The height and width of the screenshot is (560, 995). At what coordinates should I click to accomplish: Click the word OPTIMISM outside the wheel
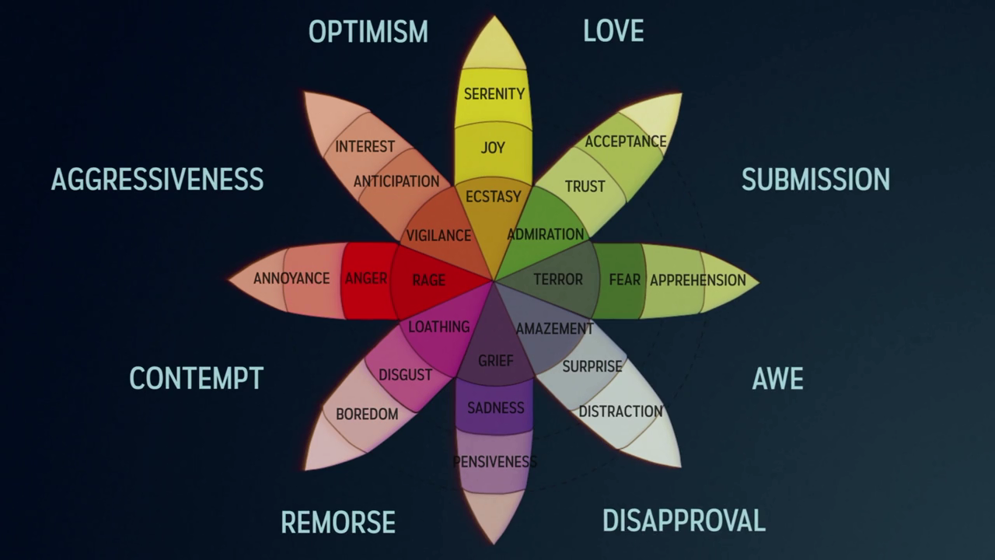click(368, 32)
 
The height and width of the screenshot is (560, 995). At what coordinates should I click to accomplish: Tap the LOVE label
click(613, 31)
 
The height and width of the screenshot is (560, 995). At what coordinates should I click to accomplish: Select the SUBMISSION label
click(815, 180)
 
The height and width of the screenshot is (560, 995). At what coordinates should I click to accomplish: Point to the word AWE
click(777, 379)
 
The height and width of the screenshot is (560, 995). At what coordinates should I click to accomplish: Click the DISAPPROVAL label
click(683, 520)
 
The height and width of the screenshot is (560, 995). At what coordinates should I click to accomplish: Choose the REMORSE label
click(338, 522)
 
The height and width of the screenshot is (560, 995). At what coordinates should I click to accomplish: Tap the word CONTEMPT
click(196, 379)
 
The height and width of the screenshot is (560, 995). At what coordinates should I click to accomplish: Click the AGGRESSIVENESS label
click(157, 180)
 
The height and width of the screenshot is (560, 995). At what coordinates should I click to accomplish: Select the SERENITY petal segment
click(494, 94)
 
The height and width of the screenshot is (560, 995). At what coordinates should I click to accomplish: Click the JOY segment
click(493, 148)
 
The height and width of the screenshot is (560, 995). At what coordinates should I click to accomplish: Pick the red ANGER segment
click(365, 278)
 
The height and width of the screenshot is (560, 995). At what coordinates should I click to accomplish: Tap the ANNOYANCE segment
click(292, 278)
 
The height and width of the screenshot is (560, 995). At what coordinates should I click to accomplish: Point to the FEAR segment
click(623, 280)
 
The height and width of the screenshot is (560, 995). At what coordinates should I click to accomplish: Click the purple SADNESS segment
click(495, 408)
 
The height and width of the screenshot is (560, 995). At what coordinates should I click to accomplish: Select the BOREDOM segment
click(366, 415)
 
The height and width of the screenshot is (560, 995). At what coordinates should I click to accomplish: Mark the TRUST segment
click(585, 187)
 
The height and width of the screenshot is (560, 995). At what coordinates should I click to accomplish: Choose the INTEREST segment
click(365, 146)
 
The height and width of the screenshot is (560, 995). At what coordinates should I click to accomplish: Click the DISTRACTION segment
click(620, 411)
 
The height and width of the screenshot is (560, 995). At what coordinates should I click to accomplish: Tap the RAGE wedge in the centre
click(429, 280)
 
